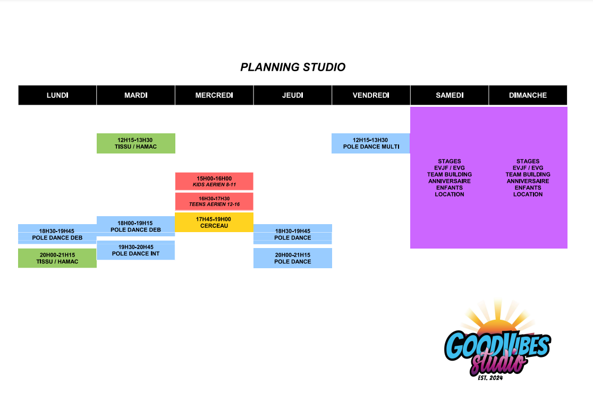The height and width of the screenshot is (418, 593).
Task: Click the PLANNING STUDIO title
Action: (293, 67)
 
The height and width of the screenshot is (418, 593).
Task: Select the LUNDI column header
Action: (57, 95)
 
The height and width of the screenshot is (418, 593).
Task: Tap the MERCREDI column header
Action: (214, 95)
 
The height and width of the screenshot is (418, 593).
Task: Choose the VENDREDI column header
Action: (371, 95)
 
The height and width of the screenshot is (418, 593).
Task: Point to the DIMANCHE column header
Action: (528, 95)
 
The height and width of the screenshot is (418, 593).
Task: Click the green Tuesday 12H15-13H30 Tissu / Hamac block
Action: (136, 143)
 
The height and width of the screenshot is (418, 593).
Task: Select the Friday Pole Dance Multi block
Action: (371, 143)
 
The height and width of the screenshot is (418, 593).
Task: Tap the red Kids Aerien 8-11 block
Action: (214, 182)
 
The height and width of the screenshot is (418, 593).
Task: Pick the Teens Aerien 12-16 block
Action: (214, 201)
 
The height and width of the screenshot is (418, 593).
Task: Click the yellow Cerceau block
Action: (214, 222)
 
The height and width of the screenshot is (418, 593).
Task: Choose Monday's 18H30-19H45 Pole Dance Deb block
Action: (57, 234)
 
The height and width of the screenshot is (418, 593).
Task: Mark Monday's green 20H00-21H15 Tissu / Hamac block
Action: (57, 258)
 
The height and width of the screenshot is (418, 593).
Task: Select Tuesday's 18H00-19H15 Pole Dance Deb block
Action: (136, 226)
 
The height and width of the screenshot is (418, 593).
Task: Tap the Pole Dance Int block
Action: (136, 250)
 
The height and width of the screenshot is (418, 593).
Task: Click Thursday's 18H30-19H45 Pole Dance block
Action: (293, 234)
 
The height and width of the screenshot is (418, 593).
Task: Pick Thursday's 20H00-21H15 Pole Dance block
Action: (293, 258)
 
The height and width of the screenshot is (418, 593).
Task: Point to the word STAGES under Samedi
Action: (450, 161)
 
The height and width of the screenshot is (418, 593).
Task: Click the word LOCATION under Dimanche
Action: (528, 194)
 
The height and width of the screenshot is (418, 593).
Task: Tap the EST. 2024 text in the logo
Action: (490, 378)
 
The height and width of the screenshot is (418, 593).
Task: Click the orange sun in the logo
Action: (498, 326)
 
